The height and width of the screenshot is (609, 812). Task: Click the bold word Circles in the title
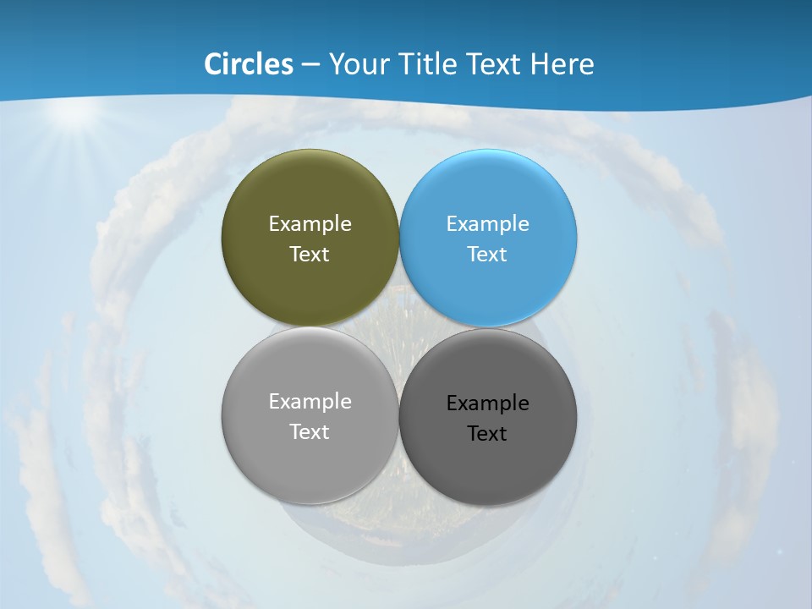pos(249,64)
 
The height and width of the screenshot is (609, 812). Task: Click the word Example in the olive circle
pos(310,224)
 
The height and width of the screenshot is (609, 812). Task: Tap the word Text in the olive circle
pos(310,255)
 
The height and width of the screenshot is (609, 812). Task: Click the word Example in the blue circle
pos(488,224)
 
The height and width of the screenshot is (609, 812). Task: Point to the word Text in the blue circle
pos(488,255)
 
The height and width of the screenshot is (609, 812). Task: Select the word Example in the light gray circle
pos(310,402)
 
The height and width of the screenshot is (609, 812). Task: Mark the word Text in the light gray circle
pos(310,432)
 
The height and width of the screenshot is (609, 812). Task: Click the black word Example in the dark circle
pos(488,403)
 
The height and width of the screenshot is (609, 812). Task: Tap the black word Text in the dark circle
pos(488,434)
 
